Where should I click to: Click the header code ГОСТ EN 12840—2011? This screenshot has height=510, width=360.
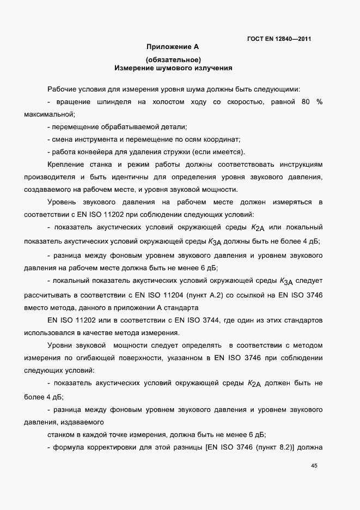(x=279, y=39)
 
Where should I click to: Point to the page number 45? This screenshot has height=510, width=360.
(x=314, y=465)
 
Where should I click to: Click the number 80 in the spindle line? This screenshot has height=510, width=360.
(x=303, y=102)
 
